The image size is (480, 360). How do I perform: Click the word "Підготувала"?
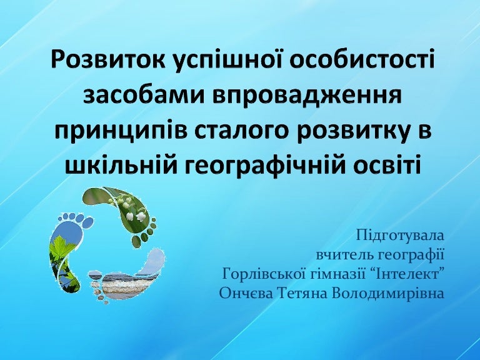point(400,236)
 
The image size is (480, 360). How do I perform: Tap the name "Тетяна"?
point(302,294)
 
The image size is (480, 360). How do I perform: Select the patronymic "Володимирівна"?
point(387,294)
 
